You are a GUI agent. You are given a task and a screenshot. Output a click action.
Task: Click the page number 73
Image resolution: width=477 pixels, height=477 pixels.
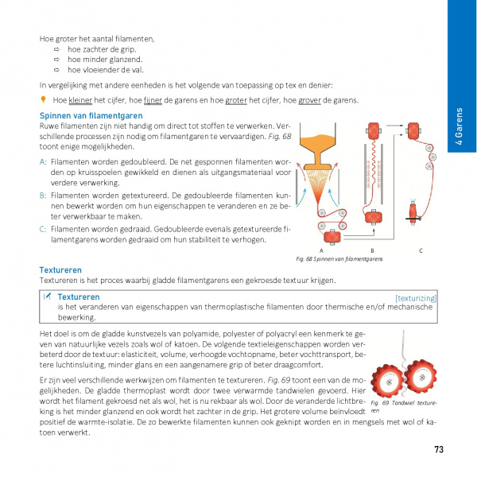(439, 449)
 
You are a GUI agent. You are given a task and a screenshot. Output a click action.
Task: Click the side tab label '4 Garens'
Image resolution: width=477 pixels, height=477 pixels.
(460, 127)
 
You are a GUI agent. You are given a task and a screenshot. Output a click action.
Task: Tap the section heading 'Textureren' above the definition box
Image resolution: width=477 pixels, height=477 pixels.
(60, 270)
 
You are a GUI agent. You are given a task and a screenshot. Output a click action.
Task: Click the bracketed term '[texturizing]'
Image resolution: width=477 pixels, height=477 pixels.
(416, 298)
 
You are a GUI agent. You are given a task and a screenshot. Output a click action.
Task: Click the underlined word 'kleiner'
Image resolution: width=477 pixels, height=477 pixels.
(81, 100)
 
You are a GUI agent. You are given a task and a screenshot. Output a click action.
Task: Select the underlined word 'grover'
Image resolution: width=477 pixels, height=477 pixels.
(307, 100)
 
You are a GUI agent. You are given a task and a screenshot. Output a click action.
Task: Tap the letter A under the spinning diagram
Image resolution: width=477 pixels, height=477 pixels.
(321, 250)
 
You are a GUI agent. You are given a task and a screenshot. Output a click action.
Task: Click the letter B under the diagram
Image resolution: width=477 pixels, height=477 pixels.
(372, 250)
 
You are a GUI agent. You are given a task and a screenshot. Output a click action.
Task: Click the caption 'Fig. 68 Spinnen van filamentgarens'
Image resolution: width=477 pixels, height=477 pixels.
(339, 259)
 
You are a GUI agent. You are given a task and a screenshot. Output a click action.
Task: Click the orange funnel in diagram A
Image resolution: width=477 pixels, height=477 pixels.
(322, 146)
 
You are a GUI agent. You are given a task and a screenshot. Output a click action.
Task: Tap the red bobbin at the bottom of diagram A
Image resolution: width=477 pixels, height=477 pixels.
(328, 235)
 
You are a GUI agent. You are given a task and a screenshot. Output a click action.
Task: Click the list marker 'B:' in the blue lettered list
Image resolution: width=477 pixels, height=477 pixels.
(43, 193)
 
